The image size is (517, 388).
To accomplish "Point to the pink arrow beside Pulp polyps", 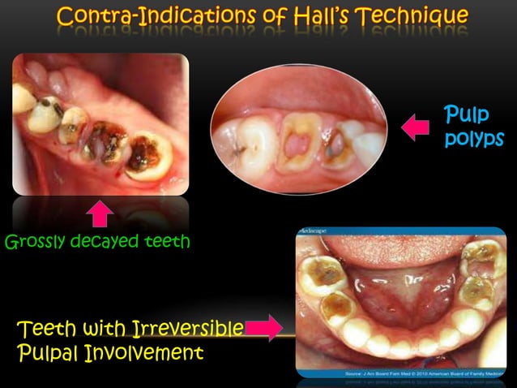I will (x=415, y=127).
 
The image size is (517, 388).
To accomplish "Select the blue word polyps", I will (x=468, y=139).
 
